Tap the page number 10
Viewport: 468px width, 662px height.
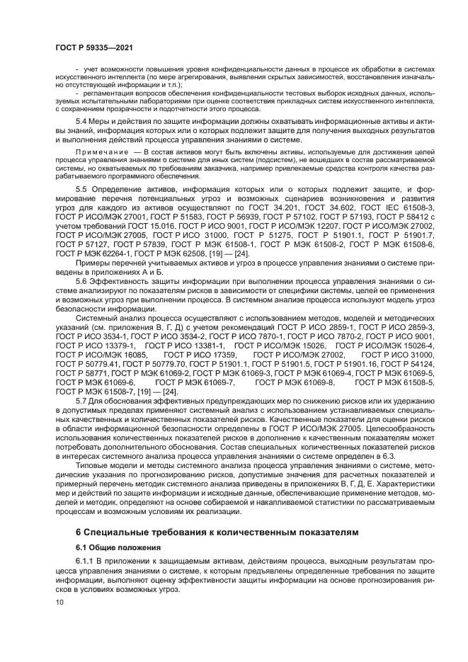[59, 603]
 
